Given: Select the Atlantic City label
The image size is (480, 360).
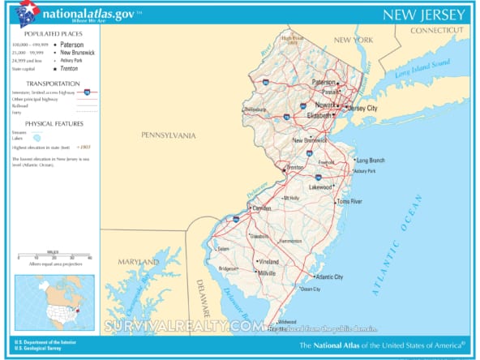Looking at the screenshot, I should pos(329,276).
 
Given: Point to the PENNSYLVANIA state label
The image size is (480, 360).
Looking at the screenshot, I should pos(169,135).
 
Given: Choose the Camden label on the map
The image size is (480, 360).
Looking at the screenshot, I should pos(262,208).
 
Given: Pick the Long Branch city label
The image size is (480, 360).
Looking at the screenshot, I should pos(371,160).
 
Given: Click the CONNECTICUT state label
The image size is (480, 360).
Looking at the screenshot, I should pos(439,30).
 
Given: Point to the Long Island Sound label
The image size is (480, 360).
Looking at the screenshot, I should pos(422,69).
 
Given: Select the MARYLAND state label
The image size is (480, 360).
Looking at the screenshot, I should pos(139,262).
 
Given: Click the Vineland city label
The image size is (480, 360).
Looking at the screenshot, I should pos(268,262).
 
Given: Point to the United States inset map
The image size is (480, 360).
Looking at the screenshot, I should pos(54,302).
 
